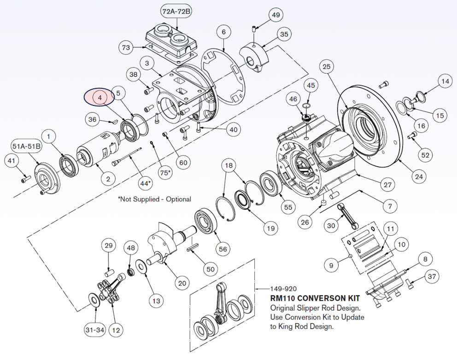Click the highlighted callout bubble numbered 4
click(100, 98)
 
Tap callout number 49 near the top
click(275, 15)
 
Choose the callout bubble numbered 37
click(431, 276)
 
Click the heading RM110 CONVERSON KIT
click(315, 298)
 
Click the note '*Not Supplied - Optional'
click(154, 199)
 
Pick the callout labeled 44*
click(145, 183)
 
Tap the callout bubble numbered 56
click(223, 249)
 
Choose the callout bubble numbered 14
click(444, 81)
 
